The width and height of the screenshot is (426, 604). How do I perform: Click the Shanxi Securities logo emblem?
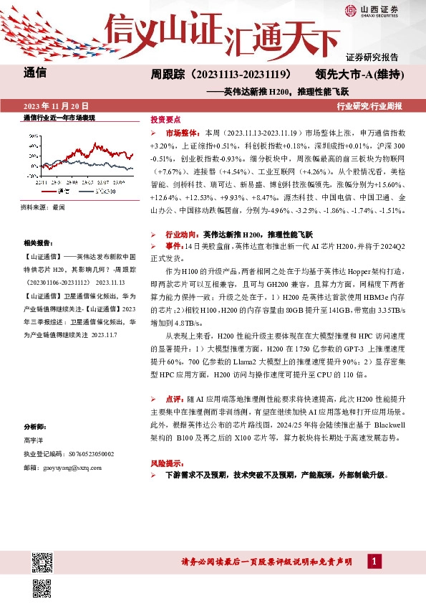[350, 9]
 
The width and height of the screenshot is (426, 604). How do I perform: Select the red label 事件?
[173, 246]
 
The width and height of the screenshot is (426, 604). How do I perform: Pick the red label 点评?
[173, 398]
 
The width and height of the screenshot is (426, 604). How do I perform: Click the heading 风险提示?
[165, 463]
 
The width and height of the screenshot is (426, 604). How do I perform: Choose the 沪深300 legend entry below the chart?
[103, 192]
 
